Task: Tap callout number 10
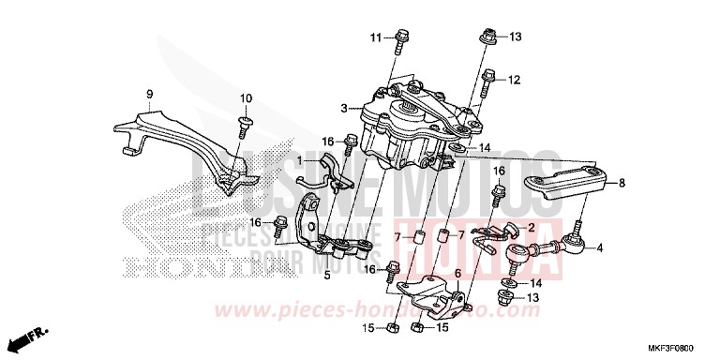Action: tap(246, 98)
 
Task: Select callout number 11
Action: tap(374, 37)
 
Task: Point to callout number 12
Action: tap(514, 80)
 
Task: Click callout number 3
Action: tap(344, 109)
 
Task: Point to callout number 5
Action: tap(327, 276)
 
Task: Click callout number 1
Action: tap(300, 162)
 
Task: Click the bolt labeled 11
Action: tap(401, 41)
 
